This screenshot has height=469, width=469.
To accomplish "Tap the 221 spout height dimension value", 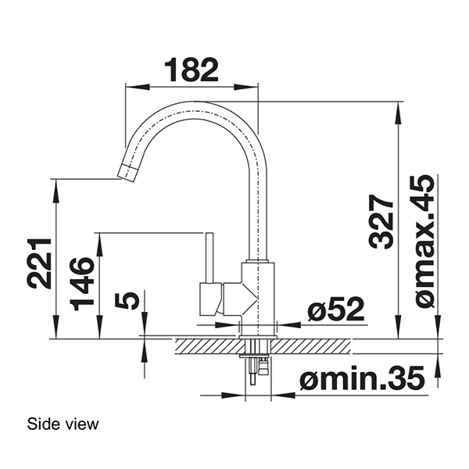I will pos(39,262).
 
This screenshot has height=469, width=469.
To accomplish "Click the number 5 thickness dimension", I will pos(130,300).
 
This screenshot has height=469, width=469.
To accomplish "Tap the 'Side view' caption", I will pos(63,424).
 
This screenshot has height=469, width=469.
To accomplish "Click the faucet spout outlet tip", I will pos(126,170).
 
